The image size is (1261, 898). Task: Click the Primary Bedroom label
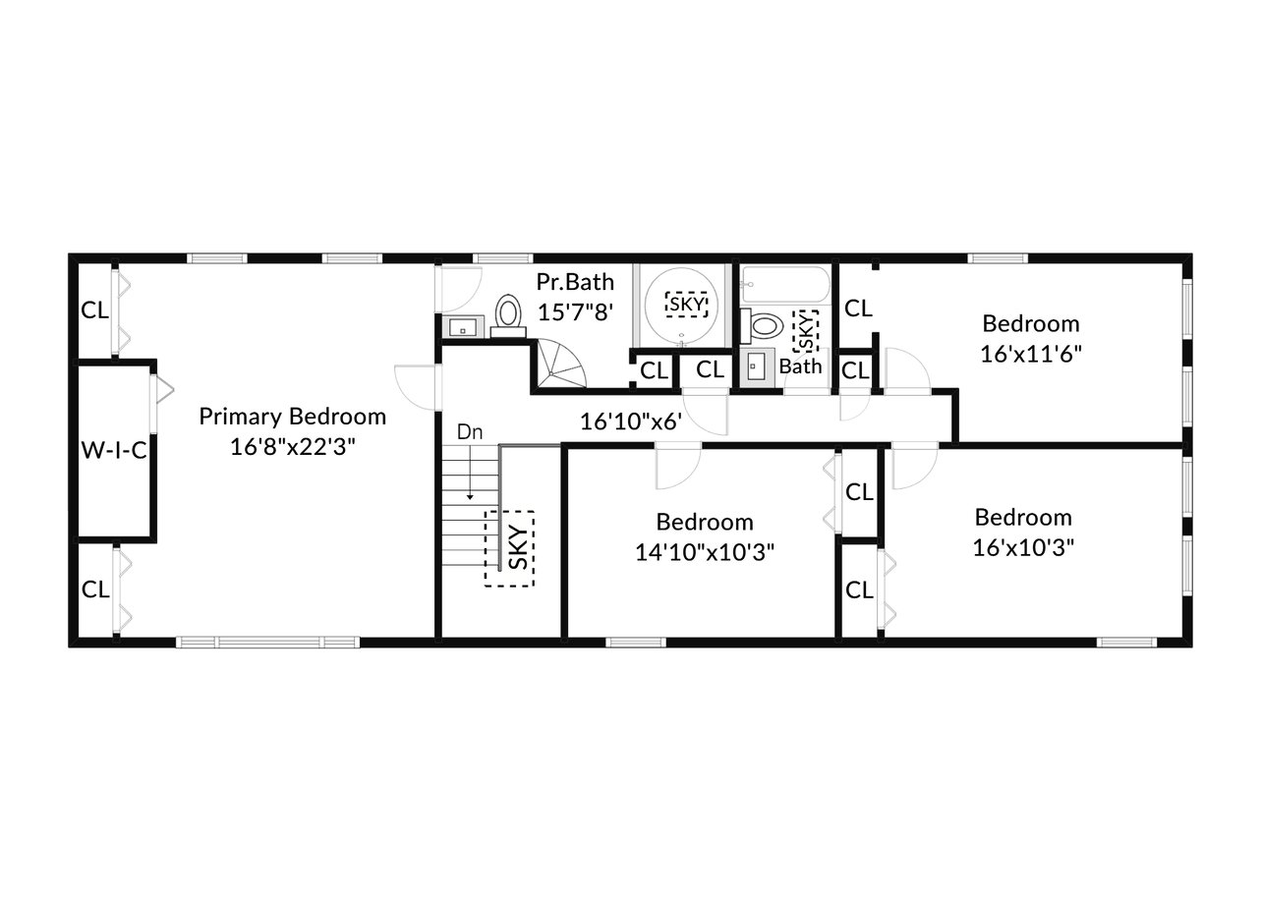pos(292,417)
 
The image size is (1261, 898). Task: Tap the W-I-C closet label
pos(114,450)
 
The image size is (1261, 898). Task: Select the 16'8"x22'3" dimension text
pos(293,447)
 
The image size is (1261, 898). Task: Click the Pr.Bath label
pos(575,282)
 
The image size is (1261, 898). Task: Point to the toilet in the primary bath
pos(508,315)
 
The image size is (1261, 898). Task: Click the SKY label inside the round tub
pos(686,305)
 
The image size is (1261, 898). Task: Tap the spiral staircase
pos(560,365)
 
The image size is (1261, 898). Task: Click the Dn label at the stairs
pos(470,432)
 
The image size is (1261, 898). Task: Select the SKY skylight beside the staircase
pos(509,548)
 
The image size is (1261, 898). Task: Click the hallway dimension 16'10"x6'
pos(631,421)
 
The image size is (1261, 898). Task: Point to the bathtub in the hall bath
pos(785,284)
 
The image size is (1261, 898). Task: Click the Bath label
pos(800,366)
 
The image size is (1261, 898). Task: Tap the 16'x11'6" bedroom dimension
pos(1031,355)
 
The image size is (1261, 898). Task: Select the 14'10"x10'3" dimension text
pos(705,552)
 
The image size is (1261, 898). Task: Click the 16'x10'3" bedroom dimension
pos(1023,547)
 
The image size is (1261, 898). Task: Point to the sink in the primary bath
pos(463,327)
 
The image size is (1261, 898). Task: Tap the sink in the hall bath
pos(757,366)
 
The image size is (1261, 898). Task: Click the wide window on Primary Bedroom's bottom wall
pos(267,642)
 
